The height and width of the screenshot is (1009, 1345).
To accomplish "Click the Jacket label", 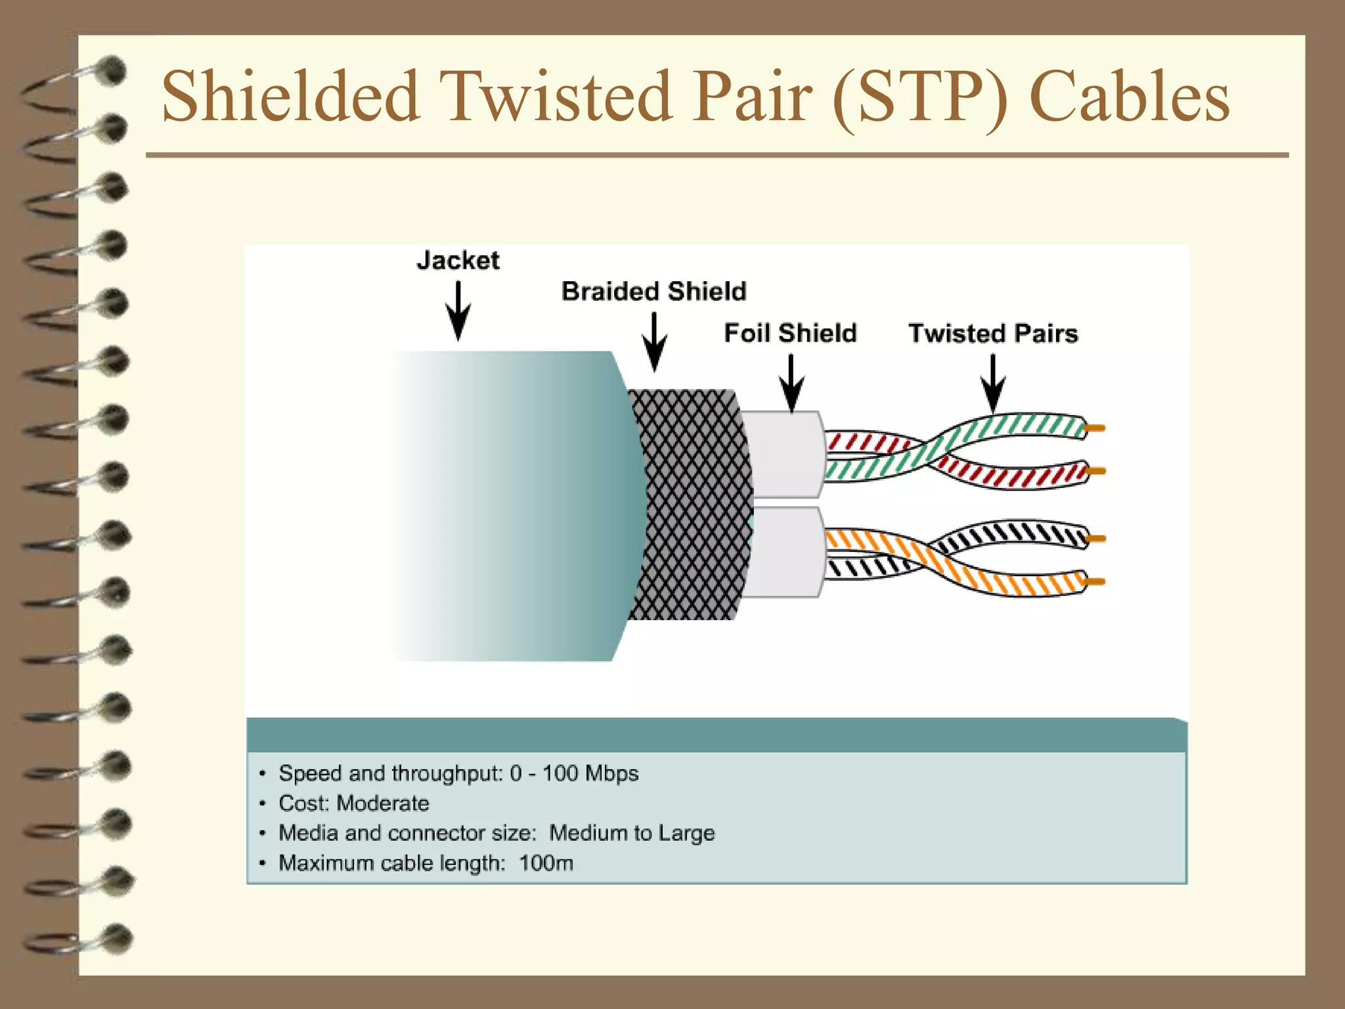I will click(x=458, y=261).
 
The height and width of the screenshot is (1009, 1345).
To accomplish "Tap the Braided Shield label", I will click(x=653, y=292).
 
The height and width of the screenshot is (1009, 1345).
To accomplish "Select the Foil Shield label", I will click(x=790, y=334).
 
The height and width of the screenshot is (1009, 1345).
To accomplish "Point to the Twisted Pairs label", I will click(x=993, y=334).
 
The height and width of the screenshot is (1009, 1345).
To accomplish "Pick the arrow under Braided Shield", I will click(x=654, y=342).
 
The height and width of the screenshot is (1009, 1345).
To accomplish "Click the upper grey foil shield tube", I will click(x=782, y=453).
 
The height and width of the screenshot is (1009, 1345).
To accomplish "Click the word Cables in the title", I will click(x=1130, y=97).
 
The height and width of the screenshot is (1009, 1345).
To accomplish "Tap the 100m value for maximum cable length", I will click(x=546, y=863).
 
